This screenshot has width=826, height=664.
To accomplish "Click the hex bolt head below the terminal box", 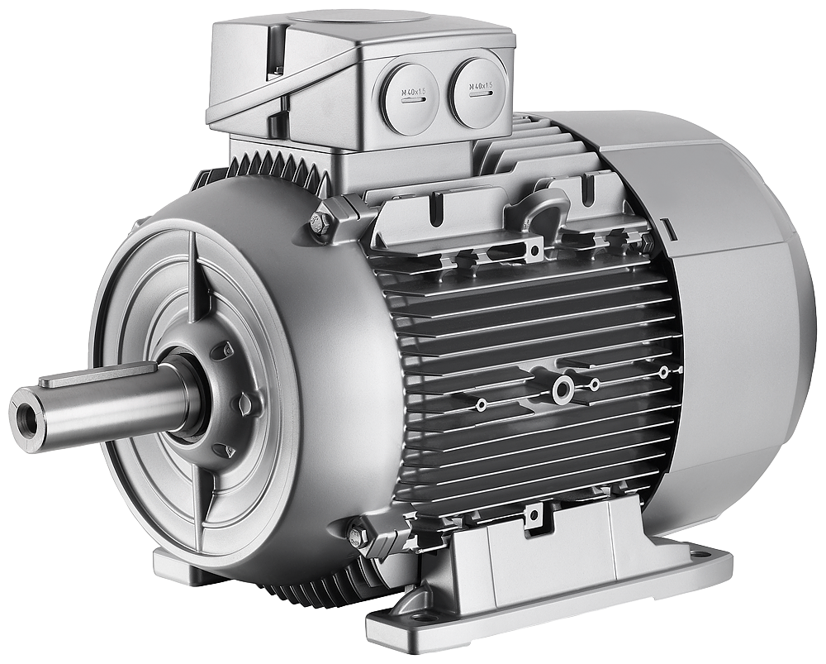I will pos(321,222).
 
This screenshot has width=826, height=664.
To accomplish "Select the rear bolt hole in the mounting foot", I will pos(699,554).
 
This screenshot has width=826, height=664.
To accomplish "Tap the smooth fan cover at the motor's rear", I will pos(735,314).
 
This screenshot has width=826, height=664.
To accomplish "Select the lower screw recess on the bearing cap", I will pos(221,450).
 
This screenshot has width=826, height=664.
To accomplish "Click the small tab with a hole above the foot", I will pos(533,517).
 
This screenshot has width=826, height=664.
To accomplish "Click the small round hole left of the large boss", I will pos(481,405).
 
